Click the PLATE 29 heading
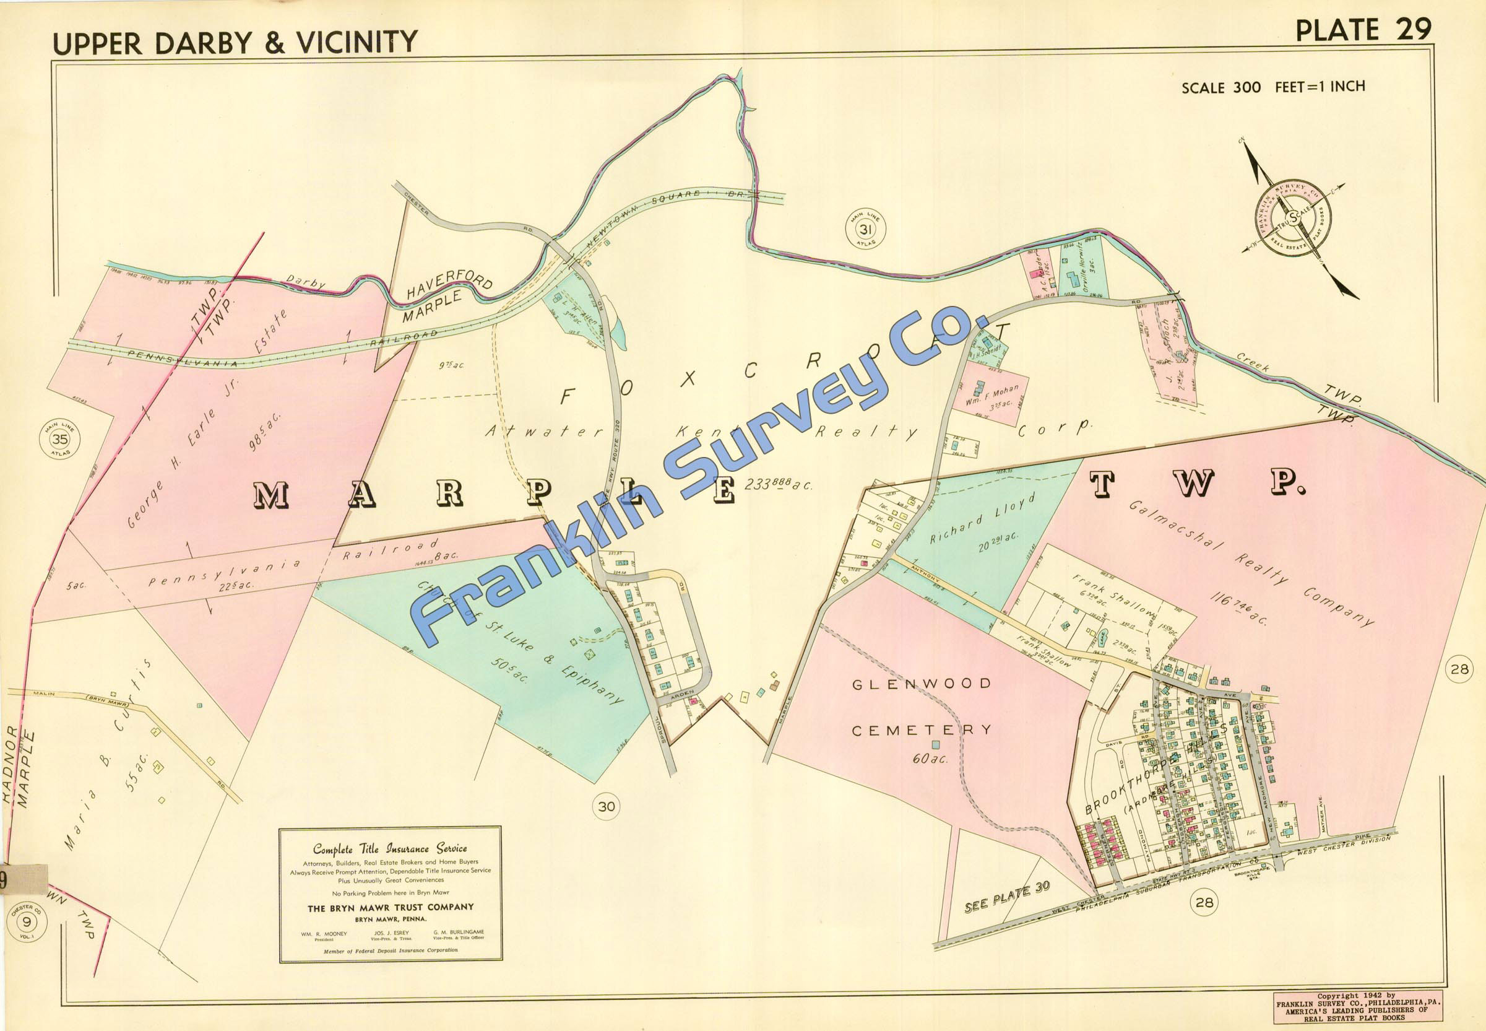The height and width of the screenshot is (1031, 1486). [1363, 30]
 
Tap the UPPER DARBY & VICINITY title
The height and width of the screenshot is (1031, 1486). [235, 42]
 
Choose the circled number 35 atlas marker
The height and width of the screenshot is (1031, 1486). [60, 440]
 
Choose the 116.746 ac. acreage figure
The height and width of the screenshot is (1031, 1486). [1239, 608]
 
